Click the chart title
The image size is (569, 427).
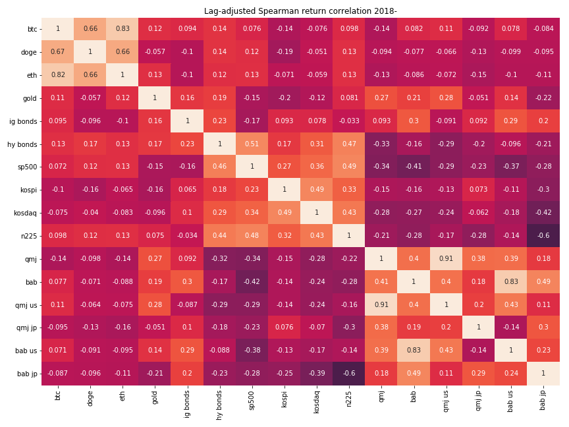click(300, 11)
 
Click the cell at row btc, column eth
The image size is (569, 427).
click(122, 29)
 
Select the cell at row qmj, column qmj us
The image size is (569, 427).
click(446, 258)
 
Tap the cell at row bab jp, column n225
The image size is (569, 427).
click(349, 374)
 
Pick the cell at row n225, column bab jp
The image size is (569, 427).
click(543, 235)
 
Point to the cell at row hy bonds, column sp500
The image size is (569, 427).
click(252, 144)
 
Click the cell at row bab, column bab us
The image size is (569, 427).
click(511, 281)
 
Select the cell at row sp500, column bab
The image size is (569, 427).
click(414, 167)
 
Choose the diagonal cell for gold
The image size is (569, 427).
click(155, 98)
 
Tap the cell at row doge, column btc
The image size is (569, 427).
click(57, 52)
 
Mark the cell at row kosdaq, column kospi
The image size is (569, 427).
click(284, 212)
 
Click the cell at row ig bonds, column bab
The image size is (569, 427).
click(414, 121)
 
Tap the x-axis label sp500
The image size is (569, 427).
click(252, 399)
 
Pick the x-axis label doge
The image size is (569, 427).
click(90, 397)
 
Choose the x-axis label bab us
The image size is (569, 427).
click(511, 399)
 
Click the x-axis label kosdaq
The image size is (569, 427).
click(317, 400)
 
